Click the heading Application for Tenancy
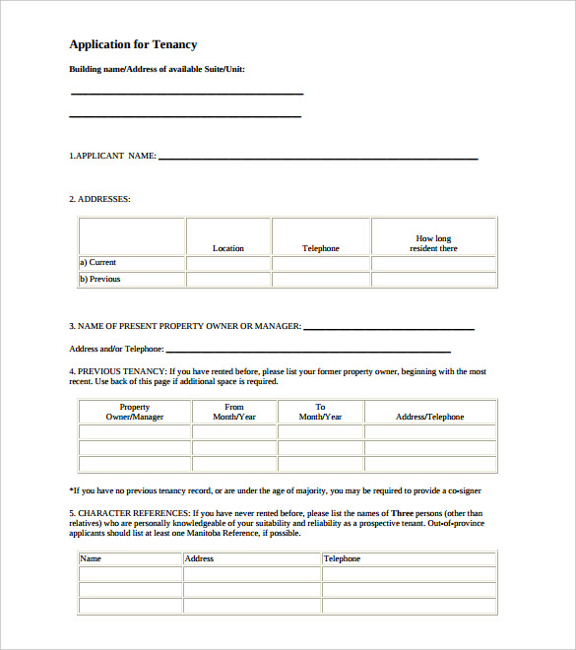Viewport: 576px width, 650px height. pos(133,44)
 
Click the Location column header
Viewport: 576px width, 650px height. pos(228,248)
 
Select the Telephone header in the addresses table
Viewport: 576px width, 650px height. pos(321,248)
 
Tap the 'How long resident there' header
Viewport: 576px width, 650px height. pos(433,243)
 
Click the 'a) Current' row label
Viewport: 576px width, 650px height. pos(97,263)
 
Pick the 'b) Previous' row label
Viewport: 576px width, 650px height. pos(99,279)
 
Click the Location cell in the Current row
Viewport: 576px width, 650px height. pos(228,263)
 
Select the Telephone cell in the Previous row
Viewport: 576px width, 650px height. pos(321,279)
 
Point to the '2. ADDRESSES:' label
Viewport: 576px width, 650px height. pos(99,199)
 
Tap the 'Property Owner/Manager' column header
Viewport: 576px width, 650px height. pos(135,412)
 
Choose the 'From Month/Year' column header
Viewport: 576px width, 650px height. pos(234,412)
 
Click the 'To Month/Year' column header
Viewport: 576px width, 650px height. pos(321,412)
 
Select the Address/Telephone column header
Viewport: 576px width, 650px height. pos(429,417)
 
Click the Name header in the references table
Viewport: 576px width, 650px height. pos(91,559)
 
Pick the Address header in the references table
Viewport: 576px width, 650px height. pos(199,559)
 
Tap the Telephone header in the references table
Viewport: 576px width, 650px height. pos(343,559)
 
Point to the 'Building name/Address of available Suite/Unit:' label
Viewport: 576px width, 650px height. pos(157,69)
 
